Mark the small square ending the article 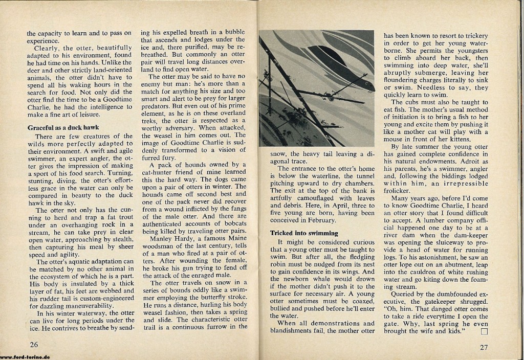(x=485, y=331)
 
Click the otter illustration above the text (x=316, y=88)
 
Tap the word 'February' (x=319, y=220)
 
